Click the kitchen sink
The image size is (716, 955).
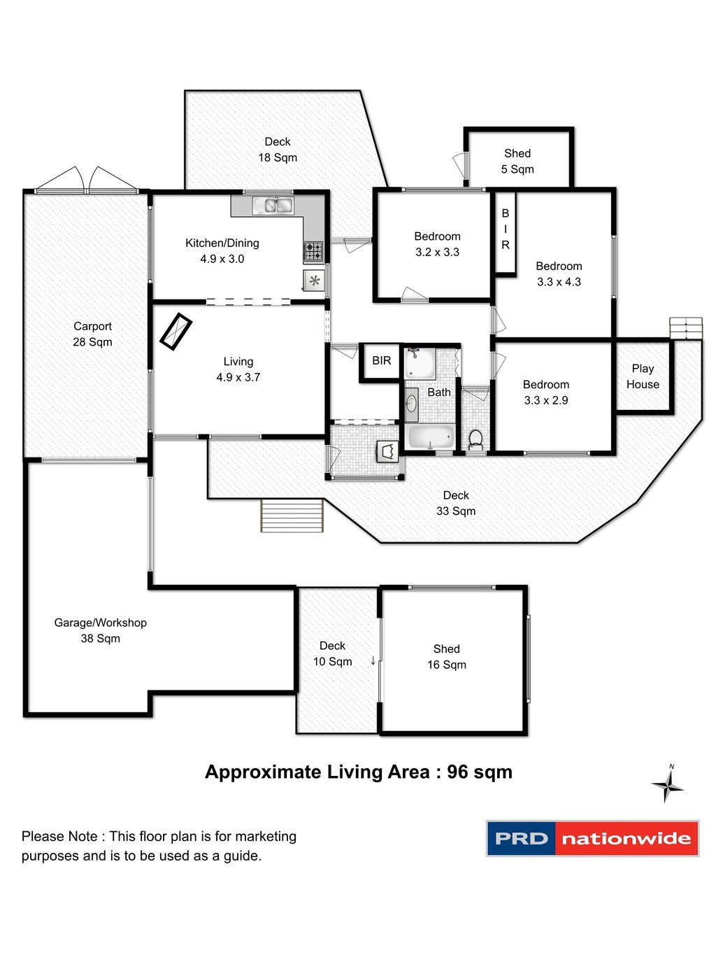point(273,205)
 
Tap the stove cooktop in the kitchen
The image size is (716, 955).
point(313,251)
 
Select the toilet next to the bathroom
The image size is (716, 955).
point(475,439)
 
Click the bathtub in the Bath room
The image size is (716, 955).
point(431,437)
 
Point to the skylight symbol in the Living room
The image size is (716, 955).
point(176,332)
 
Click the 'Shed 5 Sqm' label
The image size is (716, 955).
point(517,161)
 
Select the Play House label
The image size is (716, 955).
point(643,376)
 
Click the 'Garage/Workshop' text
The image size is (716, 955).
point(101,623)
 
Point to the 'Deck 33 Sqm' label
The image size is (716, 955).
point(456,503)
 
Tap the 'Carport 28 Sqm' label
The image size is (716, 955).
point(92,334)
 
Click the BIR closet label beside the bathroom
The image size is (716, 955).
point(382,360)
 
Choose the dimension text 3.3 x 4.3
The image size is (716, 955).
point(559,282)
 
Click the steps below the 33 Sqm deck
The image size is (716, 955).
point(292,515)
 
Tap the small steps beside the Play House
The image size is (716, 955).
point(685,329)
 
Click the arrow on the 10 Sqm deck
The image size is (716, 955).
point(373,661)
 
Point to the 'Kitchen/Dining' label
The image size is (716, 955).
point(222,243)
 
